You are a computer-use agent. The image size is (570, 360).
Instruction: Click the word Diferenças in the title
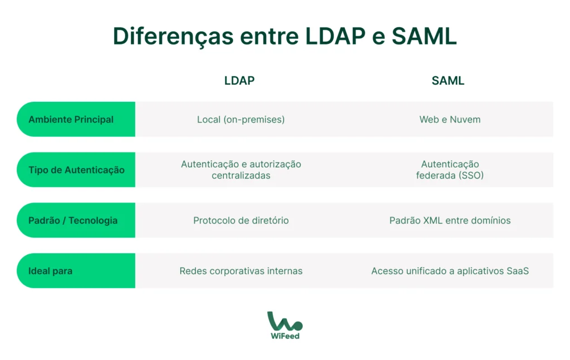click(173, 36)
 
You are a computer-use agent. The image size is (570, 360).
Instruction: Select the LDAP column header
click(239, 81)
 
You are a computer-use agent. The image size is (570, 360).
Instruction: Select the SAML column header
click(448, 81)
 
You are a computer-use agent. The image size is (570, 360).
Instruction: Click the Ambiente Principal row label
click(71, 120)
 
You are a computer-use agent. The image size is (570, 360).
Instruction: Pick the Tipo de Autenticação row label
click(76, 170)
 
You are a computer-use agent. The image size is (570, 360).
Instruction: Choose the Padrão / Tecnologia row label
click(73, 220)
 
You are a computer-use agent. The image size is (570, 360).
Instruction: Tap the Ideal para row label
click(50, 271)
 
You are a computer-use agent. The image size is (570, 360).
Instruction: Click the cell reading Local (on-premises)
click(240, 120)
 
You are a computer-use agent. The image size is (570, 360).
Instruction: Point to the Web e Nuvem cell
click(450, 120)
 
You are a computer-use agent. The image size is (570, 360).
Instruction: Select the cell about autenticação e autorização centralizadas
click(241, 170)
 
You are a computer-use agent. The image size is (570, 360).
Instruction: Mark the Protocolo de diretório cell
click(241, 220)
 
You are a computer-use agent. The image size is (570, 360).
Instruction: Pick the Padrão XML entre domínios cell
click(450, 220)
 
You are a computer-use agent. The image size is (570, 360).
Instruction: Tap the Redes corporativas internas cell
click(241, 271)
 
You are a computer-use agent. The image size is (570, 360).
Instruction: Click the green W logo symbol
click(284, 321)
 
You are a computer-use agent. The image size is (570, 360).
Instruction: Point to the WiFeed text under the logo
click(285, 336)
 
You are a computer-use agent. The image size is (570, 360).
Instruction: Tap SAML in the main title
click(424, 36)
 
